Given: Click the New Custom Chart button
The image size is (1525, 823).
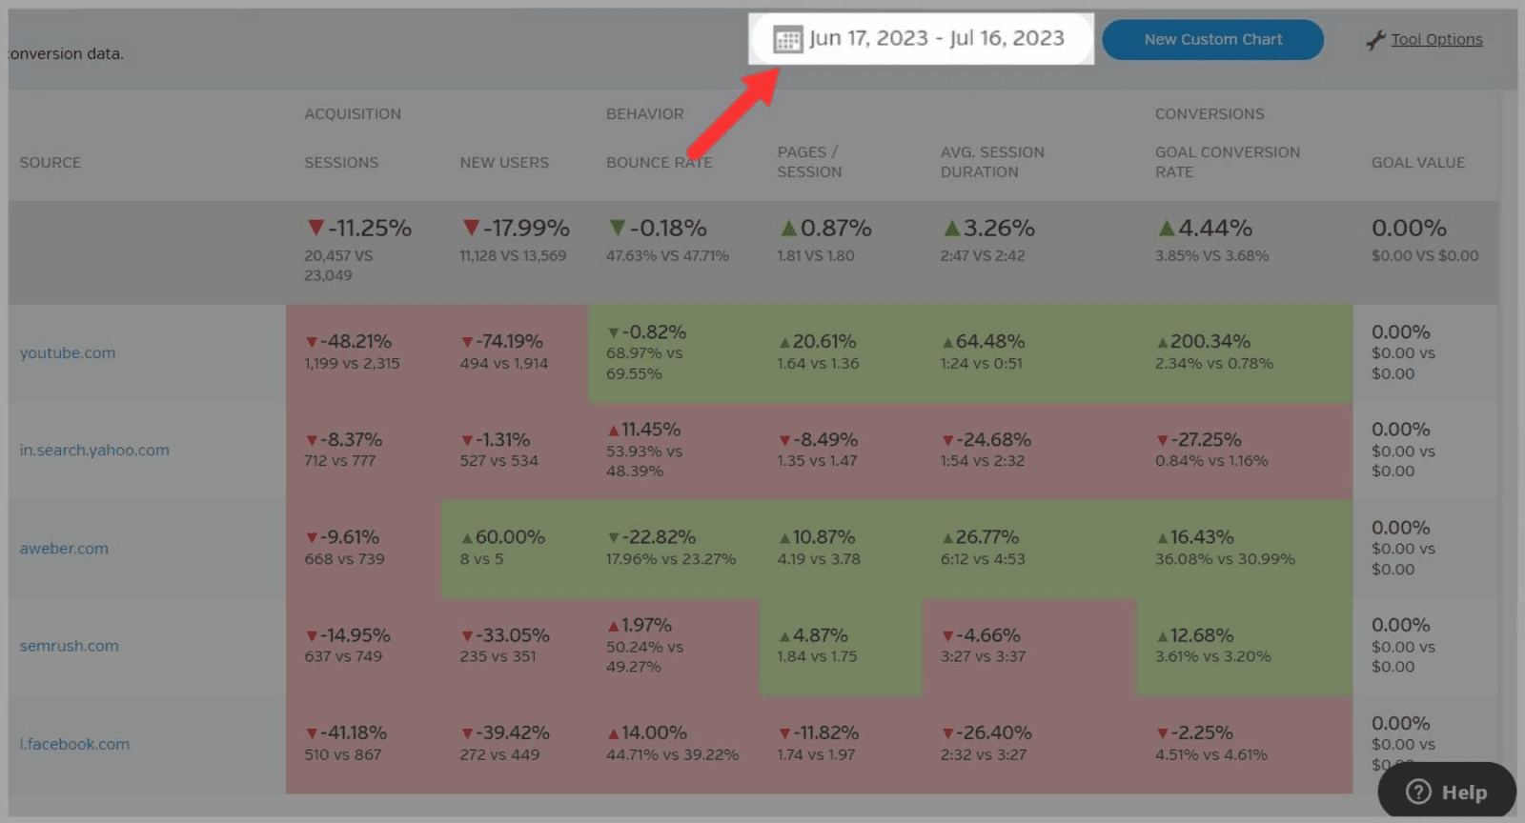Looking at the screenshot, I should pyautogui.click(x=1212, y=40).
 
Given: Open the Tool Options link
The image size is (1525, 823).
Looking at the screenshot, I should pyautogui.click(x=1435, y=40).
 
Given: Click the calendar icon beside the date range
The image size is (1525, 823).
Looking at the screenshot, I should pyautogui.click(x=787, y=40).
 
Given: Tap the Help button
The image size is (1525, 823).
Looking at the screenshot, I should pyautogui.click(x=1447, y=792).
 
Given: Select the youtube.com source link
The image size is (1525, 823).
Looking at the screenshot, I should pyautogui.click(x=68, y=352).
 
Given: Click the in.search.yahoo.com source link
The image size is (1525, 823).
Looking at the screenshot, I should pyautogui.click(x=94, y=451).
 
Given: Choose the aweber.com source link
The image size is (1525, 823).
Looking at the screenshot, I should pyautogui.click(x=64, y=549).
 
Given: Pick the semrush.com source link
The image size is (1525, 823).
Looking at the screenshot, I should pyautogui.click(x=70, y=646).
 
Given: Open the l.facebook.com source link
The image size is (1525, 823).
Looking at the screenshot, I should pyautogui.click(x=74, y=744).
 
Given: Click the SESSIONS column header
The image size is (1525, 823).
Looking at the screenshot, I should pyautogui.click(x=341, y=163).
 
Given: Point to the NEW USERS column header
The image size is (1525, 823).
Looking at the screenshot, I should pyautogui.click(x=504, y=163).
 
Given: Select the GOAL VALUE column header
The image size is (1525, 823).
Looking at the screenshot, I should pyautogui.click(x=1417, y=163).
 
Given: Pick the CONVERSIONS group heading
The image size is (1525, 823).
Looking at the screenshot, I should pyautogui.click(x=1210, y=114).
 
